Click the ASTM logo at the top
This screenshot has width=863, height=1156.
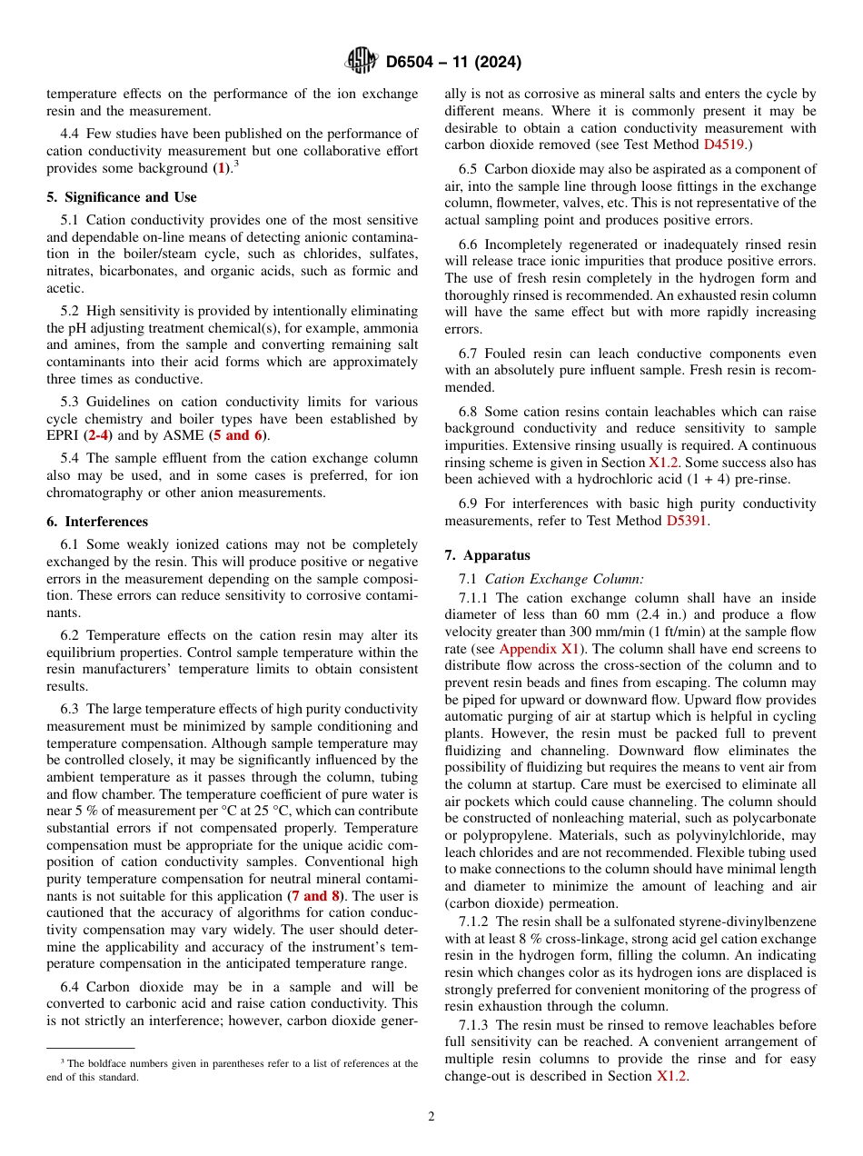(361, 62)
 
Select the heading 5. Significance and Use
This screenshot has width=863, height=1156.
(122, 197)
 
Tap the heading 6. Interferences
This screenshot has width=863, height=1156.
(97, 522)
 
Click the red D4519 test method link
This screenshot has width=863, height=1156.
(727, 144)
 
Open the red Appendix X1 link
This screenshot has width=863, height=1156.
(540, 649)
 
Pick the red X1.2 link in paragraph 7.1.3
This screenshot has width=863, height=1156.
(672, 1076)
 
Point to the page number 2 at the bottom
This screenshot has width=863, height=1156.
(431, 1117)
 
